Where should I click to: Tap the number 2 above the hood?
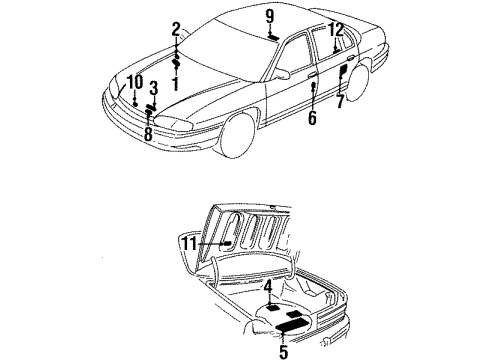[x=176, y=28]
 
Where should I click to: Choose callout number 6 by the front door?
[x=311, y=117]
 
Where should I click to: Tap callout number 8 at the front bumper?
[x=147, y=132]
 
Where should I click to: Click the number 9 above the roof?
[x=269, y=16]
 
